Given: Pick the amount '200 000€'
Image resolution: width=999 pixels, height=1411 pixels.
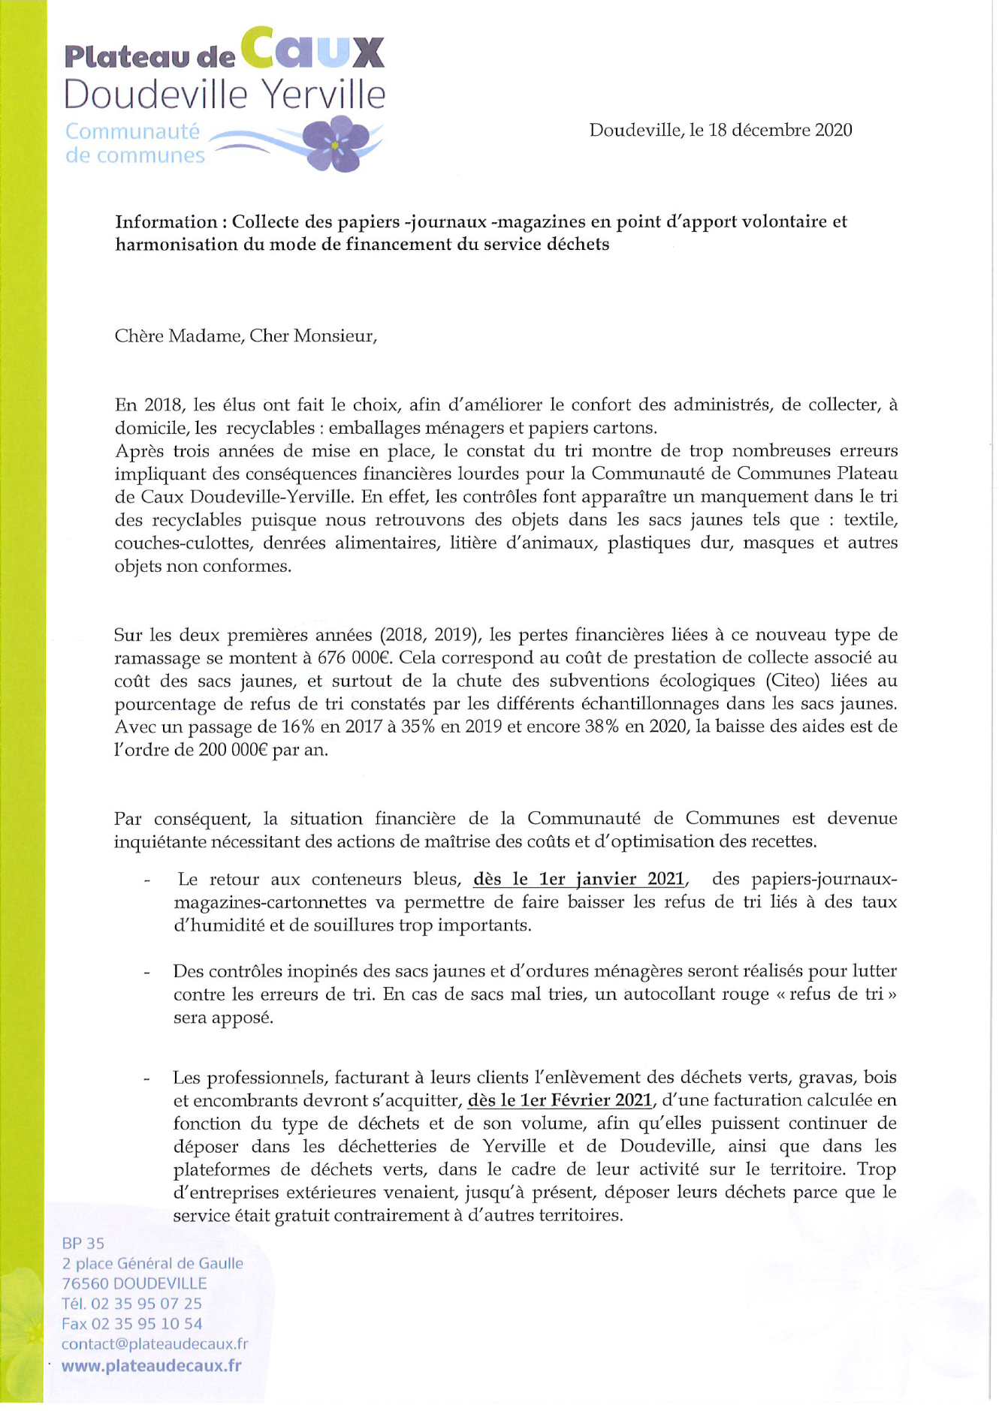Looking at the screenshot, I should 234,750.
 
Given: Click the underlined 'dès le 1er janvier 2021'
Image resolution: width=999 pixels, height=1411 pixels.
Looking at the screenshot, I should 578,879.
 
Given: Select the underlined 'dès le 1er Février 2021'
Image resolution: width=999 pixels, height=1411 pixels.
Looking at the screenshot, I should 559,1100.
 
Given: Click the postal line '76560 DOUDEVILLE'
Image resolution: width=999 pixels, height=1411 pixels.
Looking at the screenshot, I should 134,1283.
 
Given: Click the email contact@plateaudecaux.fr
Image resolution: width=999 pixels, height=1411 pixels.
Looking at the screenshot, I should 154,1344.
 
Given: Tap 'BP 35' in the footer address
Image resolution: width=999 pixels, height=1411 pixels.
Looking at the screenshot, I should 83,1243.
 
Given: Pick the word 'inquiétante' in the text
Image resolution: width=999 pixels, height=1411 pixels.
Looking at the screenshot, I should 158,841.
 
